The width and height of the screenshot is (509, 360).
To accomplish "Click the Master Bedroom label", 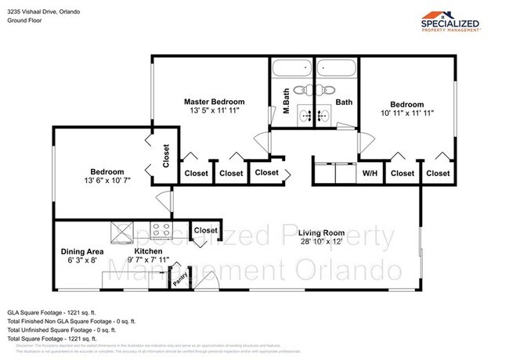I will pyautogui.click(x=214, y=102).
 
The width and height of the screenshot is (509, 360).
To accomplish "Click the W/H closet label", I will pyautogui.click(x=370, y=173).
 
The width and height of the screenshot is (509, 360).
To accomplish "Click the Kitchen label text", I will pyautogui.click(x=147, y=252).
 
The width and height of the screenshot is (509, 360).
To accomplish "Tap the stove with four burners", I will pyautogui.click(x=161, y=230).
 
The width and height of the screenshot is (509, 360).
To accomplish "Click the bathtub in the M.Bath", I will pyautogui.click(x=292, y=69).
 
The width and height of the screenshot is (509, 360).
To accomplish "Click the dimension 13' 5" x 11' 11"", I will pyautogui.click(x=214, y=111).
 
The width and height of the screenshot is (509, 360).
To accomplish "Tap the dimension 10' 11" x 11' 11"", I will pyautogui.click(x=407, y=113).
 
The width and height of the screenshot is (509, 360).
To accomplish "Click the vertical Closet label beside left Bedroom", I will pyautogui.click(x=166, y=156).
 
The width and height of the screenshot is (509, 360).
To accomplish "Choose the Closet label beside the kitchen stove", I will pyautogui.click(x=205, y=230).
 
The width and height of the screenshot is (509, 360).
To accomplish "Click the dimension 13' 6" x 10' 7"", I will pyautogui.click(x=106, y=182).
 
